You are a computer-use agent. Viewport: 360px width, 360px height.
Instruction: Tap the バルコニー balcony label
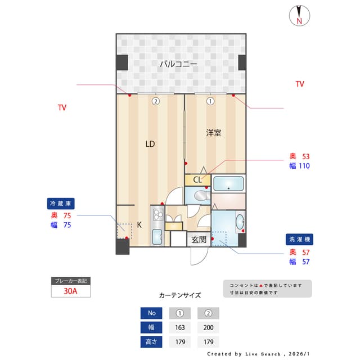click(x=178, y=64)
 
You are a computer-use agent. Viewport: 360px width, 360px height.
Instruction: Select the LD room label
click(x=150, y=144)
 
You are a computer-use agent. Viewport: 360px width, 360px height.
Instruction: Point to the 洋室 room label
click(x=213, y=133)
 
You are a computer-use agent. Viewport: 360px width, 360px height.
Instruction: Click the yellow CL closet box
click(x=197, y=180)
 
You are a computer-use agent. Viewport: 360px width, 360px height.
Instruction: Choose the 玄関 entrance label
click(x=199, y=240)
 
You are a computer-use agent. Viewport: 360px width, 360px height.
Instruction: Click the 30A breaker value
click(x=71, y=291)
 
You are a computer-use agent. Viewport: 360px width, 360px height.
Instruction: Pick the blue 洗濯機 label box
click(x=298, y=239)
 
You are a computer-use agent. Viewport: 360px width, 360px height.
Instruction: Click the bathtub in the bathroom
click(x=228, y=183)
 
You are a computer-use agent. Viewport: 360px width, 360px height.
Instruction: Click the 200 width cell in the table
click(x=208, y=327)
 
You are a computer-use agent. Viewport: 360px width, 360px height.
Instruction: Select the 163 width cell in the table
click(x=180, y=327)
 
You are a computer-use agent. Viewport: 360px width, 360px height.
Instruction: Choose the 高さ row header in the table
click(x=151, y=341)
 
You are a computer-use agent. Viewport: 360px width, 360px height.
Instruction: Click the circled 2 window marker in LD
click(x=155, y=102)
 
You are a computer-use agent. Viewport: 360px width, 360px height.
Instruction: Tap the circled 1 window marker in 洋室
click(x=210, y=102)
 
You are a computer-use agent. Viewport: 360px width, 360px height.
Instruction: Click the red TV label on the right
click(x=300, y=84)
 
